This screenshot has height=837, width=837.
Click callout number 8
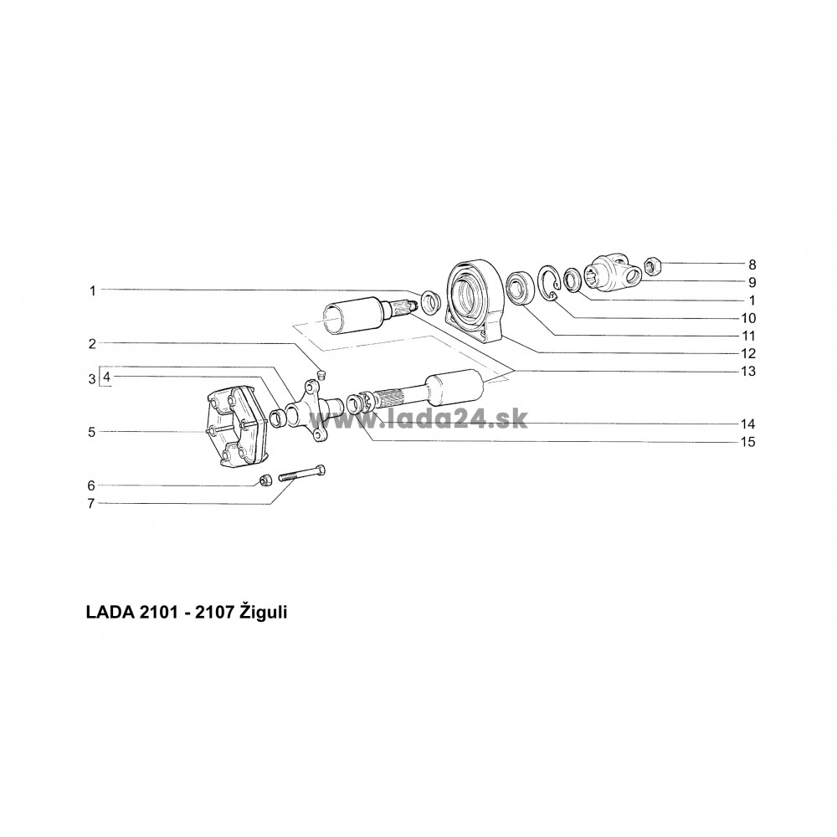point(752,264)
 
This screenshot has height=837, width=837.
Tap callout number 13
point(748,371)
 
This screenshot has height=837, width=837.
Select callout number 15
point(748,442)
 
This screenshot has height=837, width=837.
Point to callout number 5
point(92,432)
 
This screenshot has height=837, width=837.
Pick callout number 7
point(91,503)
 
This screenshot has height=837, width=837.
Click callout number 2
point(92,344)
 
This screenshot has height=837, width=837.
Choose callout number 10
point(748,318)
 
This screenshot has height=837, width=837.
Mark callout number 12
point(748,353)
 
